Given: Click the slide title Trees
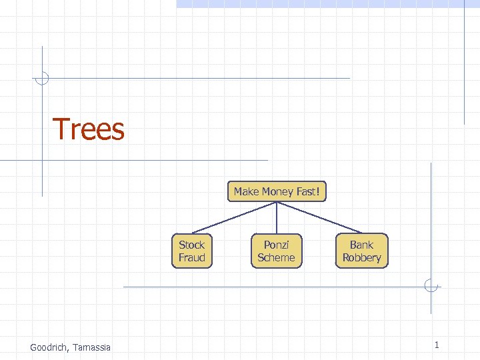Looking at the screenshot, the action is (x=88, y=129).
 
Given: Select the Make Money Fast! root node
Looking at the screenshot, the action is (x=277, y=192).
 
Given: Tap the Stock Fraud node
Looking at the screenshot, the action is (x=192, y=251).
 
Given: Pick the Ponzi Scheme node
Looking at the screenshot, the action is (x=276, y=251).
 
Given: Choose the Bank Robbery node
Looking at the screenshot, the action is (x=361, y=251).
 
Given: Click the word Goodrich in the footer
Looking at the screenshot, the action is (x=51, y=347).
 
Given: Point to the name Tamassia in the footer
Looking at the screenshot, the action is (x=93, y=347).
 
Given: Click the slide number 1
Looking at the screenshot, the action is (x=436, y=345).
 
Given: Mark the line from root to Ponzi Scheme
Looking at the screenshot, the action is (x=276, y=217).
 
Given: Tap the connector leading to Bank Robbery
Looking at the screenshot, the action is (x=320, y=217).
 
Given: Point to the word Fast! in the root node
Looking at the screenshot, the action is (x=307, y=192).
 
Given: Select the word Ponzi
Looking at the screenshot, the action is (x=276, y=245).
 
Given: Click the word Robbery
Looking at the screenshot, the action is (x=361, y=258).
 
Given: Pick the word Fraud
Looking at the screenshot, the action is (x=192, y=258).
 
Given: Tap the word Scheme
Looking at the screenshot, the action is (x=276, y=258).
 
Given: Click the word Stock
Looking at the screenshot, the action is (x=192, y=245).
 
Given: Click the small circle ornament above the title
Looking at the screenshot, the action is (x=42, y=78).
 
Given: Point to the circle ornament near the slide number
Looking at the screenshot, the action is (x=431, y=287).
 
